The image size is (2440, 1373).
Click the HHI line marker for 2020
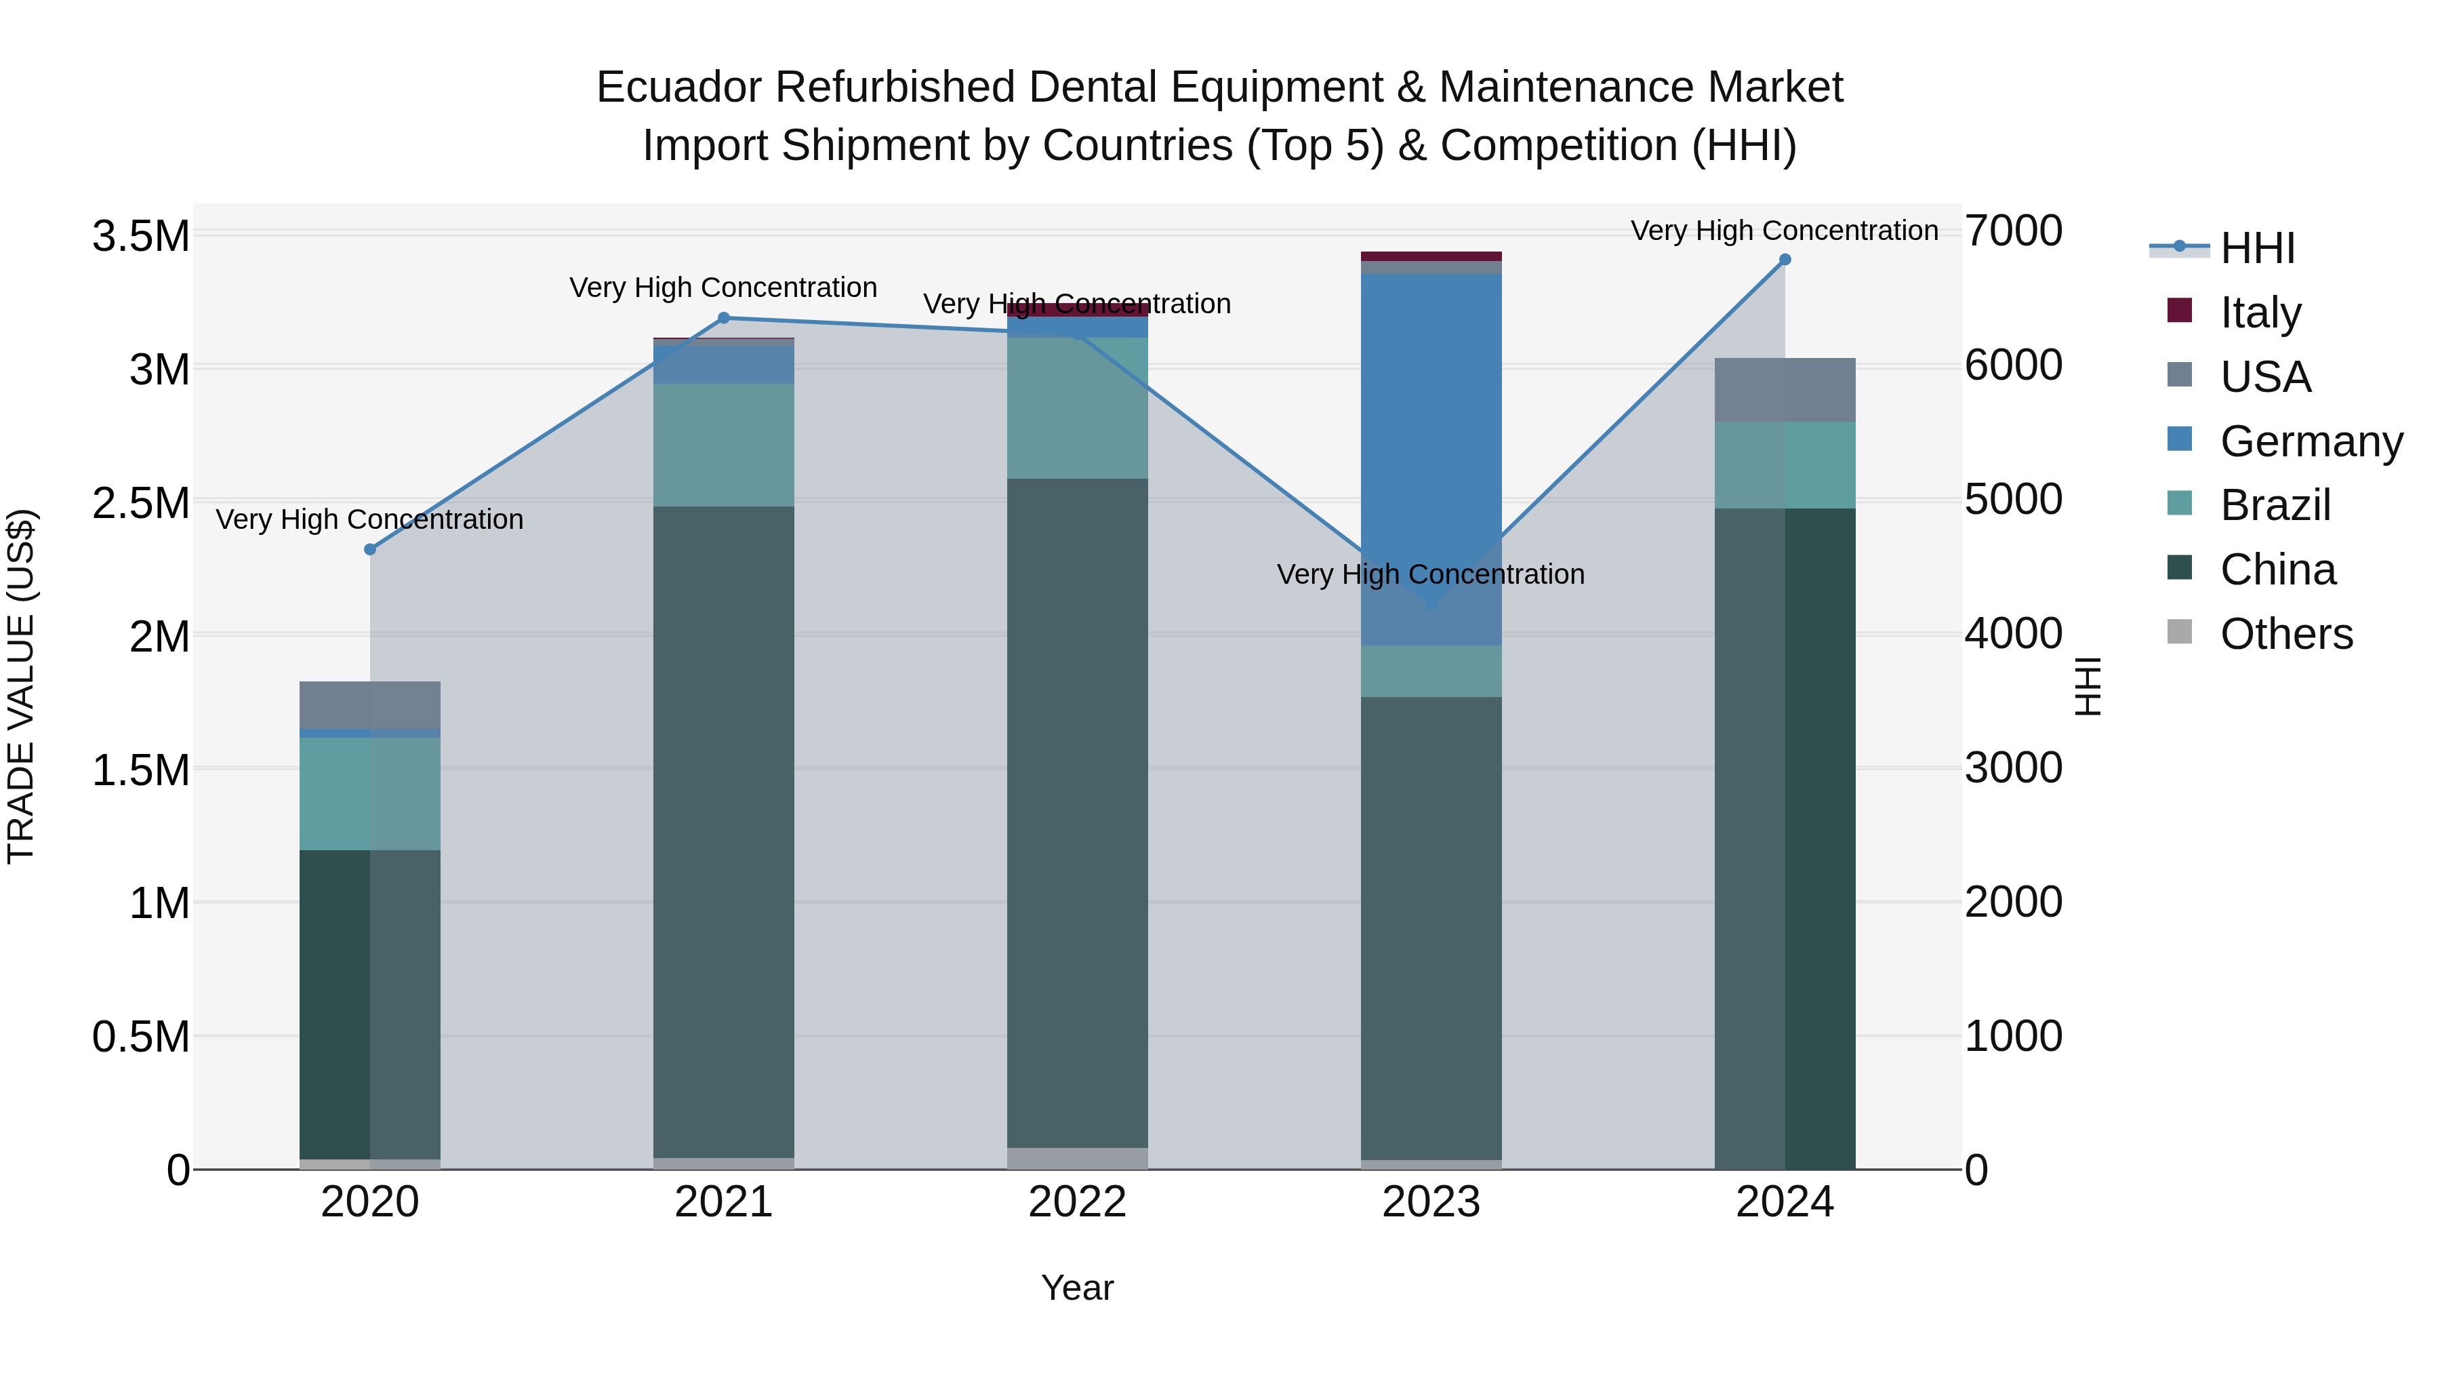[x=370, y=550]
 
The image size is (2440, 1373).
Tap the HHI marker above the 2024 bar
[x=1785, y=260]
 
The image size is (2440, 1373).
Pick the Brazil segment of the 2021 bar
[x=724, y=445]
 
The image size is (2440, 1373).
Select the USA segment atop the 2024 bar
[x=1785, y=389]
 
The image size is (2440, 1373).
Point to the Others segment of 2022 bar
[x=1077, y=1158]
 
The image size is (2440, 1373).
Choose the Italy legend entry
[x=2259, y=313]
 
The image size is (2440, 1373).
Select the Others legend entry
[x=2285, y=634]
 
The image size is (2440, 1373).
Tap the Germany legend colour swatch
[x=2180, y=439]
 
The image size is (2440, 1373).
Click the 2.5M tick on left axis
[x=140, y=503]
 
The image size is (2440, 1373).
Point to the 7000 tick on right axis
[x=2013, y=231]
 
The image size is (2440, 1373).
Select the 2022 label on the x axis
[x=1077, y=1202]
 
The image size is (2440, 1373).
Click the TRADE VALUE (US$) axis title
[x=21, y=686]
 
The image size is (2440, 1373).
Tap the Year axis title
[x=1077, y=1288]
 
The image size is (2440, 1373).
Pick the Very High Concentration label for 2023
[x=1430, y=574]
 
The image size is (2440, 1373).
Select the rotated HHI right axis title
[x=2088, y=686]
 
